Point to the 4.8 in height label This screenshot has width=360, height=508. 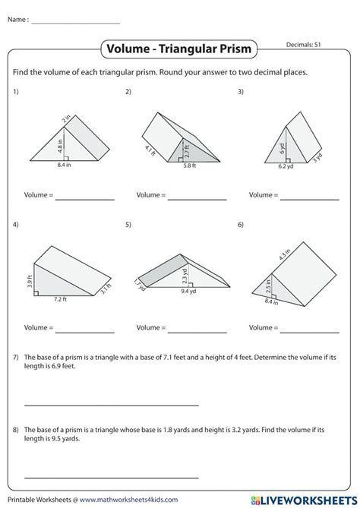click(x=59, y=140)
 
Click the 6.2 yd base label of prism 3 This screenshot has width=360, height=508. click(x=285, y=166)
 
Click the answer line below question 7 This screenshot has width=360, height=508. click(x=111, y=405)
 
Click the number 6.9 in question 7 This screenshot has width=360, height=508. click(x=55, y=366)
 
